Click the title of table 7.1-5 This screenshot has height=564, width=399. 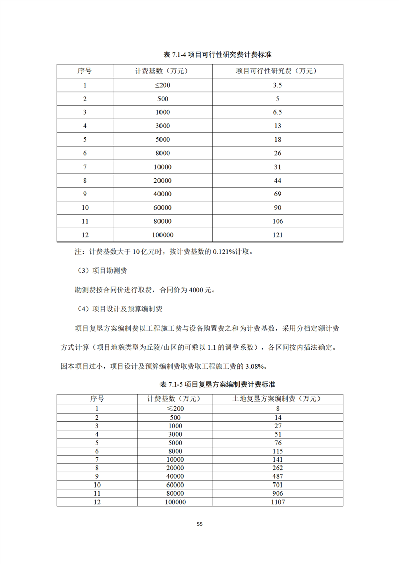coord(217,384)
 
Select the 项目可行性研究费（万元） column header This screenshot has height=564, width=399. coord(277,71)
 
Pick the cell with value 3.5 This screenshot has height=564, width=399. coord(277,85)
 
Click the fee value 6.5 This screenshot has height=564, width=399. coord(277,112)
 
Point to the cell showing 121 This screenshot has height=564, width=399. coord(277,235)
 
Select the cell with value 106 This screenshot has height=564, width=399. coord(277,221)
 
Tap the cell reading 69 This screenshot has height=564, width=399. coord(277,194)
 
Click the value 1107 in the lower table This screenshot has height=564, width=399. coord(277,502)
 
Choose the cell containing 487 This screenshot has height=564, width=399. coord(277,476)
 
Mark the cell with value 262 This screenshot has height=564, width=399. coord(277,467)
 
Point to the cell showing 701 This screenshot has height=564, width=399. coord(277,485)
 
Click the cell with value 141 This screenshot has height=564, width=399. coord(277,459)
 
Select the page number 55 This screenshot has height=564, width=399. coord(199,524)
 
